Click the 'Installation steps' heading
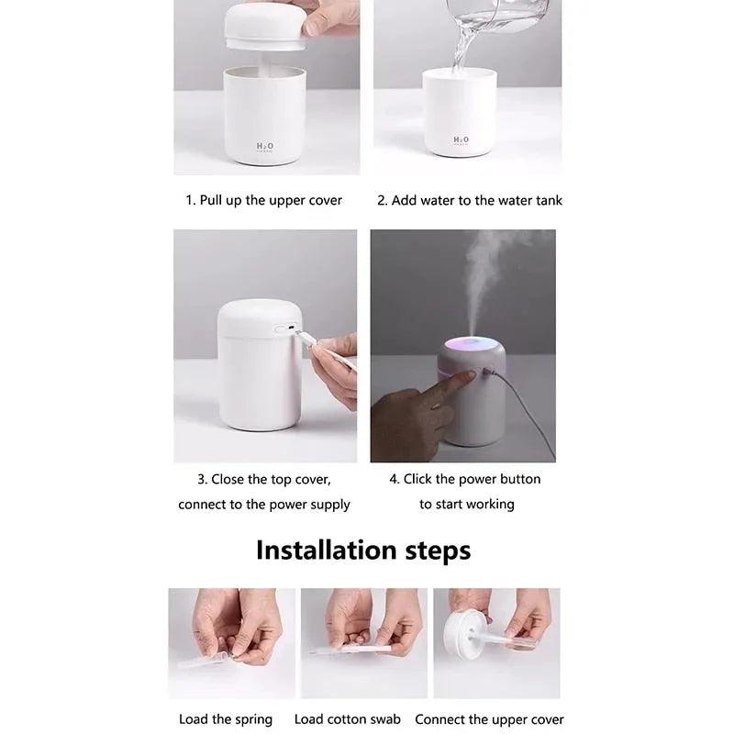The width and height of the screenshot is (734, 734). [x=362, y=550]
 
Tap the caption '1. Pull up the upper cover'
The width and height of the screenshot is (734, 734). [x=264, y=200]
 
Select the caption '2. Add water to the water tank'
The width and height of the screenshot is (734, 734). [x=470, y=200]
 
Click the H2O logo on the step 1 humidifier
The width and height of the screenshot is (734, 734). [x=265, y=146]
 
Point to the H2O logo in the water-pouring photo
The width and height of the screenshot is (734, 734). [x=461, y=140]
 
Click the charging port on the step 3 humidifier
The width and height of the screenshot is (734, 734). [x=285, y=328]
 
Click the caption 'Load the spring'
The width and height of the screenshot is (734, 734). [x=226, y=719]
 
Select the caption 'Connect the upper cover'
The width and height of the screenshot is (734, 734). [x=489, y=719]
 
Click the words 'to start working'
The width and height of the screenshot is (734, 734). [x=466, y=504]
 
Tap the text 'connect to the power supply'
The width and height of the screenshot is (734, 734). [x=264, y=504]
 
